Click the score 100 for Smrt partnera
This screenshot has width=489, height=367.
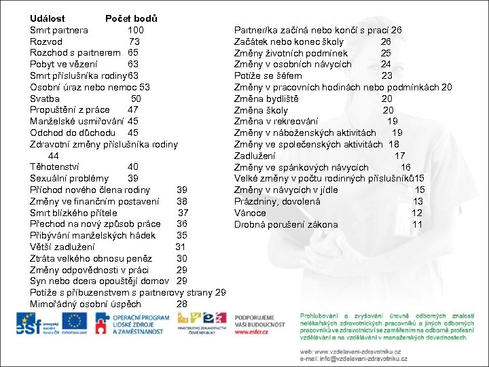[136, 30]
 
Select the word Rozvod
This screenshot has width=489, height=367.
[46, 41]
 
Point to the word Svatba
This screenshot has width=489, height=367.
[45, 99]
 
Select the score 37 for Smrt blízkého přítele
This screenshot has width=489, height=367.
[183, 213]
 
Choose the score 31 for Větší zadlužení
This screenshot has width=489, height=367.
[181, 247]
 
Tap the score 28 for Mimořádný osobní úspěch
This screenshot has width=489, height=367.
[181, 304]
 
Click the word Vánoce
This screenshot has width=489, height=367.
[251, 213]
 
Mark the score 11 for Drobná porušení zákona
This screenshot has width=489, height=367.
[417, 224]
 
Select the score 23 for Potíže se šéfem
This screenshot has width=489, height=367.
[386, 75]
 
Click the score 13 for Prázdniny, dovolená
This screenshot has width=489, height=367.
[418, 201]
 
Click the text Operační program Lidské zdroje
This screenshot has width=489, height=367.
[140, 322]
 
